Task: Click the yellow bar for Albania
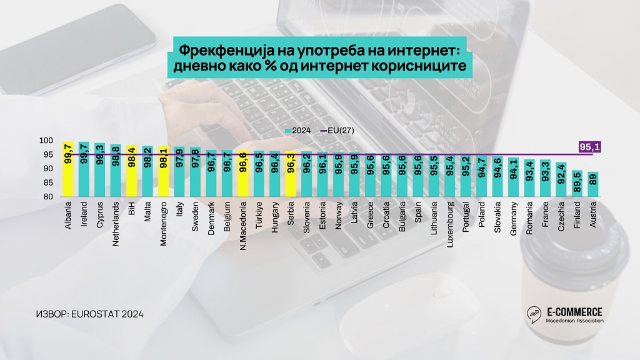[68, 169]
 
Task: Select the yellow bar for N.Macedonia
[243, 174]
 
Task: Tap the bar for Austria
[592, 184]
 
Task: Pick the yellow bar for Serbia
[291, 174]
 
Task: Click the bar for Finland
[576, 184]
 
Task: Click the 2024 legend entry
[299, 131]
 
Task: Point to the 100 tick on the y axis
[47, 141]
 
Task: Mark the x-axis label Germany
[513, 219]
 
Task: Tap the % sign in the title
[325, 66]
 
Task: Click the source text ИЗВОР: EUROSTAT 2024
[90, 314]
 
